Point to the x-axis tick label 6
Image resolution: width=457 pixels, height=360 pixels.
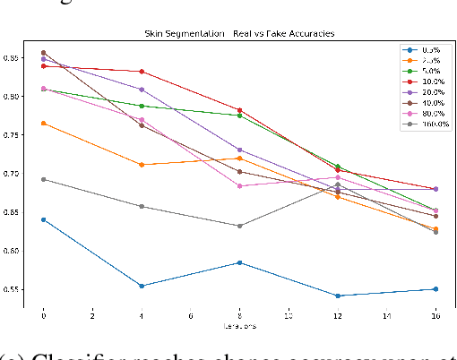(x=190, y=316)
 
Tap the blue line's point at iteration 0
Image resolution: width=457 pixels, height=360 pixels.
(x=43, y=219)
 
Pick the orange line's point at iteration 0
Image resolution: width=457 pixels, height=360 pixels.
(x=43, y=123)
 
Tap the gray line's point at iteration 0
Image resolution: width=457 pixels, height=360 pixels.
(x=43, y=179)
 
